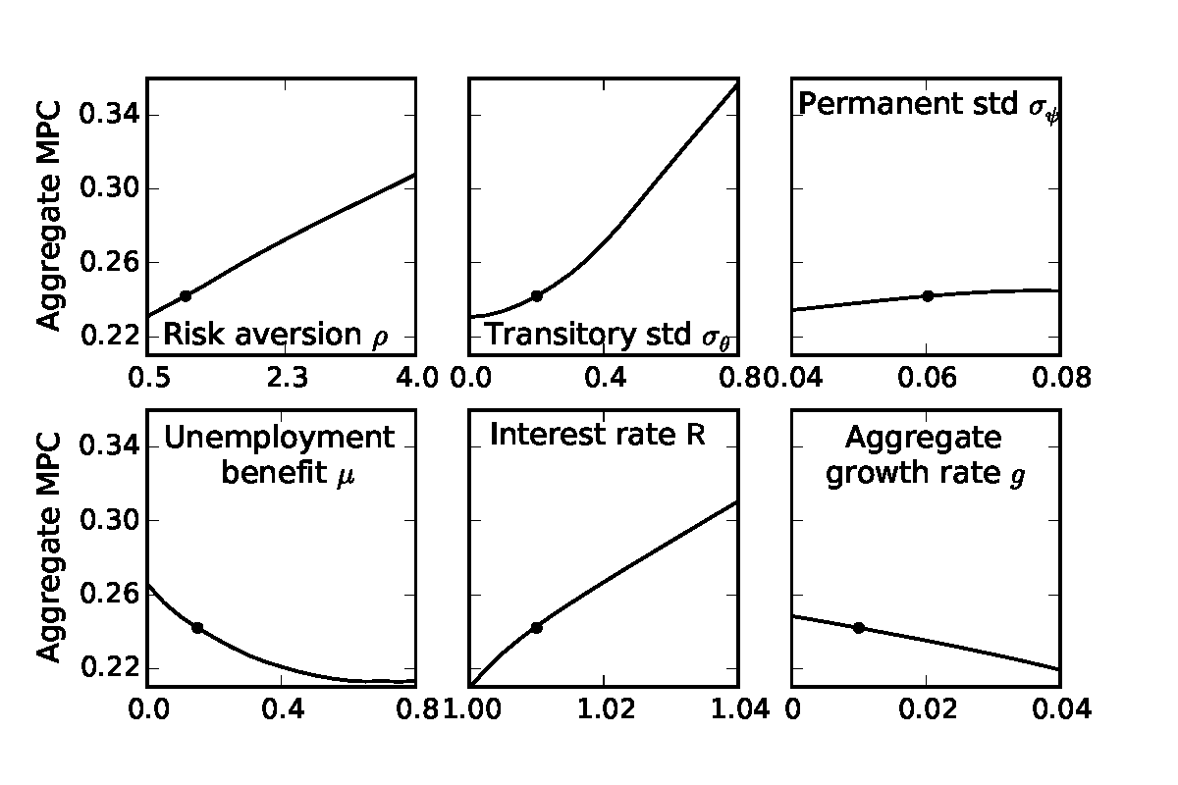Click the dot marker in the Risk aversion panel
pos(185,295)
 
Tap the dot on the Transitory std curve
pos(536,295)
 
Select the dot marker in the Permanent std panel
pos(927,295)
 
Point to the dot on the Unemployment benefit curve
pos(197,627)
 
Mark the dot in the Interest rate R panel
pos(536,627)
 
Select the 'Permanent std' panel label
pos(928,106)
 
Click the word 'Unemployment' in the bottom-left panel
pos(280,438)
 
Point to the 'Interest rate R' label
pos(598,435)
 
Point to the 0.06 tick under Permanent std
pos(926,378)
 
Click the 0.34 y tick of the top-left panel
pos(108,116)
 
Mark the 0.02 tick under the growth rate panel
pos(926,709)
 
